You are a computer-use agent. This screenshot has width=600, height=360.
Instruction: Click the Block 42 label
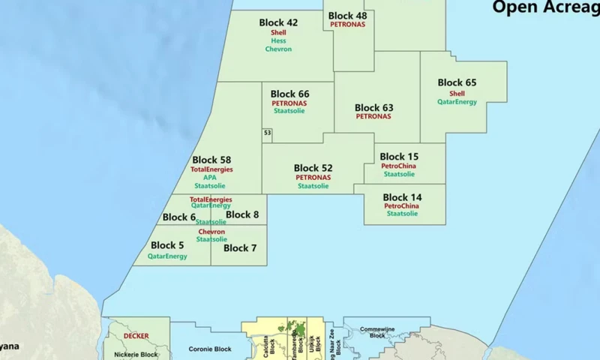click(278, 22)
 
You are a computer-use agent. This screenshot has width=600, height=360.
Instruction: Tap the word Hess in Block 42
click(278, 40)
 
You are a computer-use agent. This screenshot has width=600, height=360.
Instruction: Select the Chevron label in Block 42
click(278, 49)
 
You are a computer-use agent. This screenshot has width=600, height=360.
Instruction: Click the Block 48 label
click(347, 16)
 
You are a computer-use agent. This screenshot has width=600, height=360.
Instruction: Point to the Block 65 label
click(457, 82)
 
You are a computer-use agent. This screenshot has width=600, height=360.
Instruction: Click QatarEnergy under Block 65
click(457, 102)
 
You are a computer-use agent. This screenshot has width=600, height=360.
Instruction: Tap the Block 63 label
click(373, 108)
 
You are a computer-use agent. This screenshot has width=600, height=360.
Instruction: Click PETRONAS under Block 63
click(373, 117)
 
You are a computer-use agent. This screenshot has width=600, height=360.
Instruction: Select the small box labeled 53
click(267, 133)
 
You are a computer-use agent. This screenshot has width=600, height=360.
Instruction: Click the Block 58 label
click(211, 160)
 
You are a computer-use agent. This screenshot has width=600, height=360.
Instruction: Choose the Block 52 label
click(313, 168)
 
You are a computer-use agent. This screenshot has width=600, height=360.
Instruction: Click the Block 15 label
click(399, 157)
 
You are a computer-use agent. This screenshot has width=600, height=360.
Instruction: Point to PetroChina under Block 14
click(401, 205)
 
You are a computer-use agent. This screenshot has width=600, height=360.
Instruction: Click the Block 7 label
click(240, 248)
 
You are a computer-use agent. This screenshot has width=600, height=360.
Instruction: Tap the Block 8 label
click(242, 214)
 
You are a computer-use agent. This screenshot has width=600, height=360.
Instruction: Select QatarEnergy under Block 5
click(167, 256)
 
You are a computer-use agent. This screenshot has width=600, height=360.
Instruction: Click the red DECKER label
click(136, 336)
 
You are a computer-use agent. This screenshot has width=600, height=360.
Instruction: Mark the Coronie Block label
click(210, 349)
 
